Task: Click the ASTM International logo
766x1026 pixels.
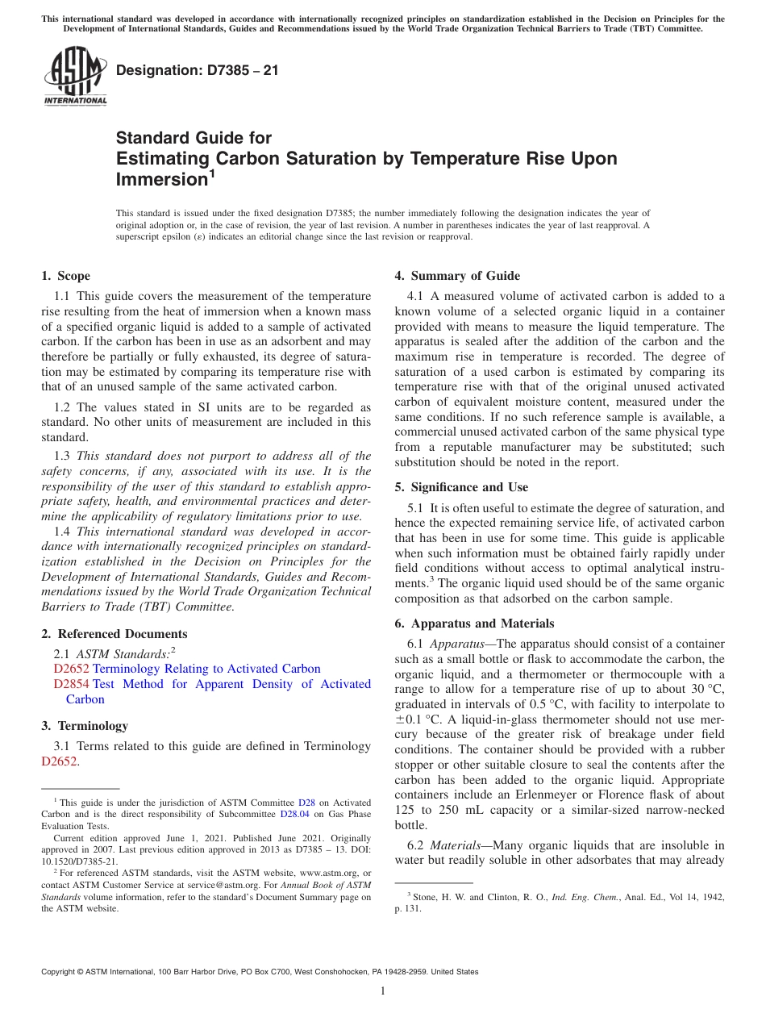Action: [75, 77]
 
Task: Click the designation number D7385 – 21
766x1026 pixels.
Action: [198, 70]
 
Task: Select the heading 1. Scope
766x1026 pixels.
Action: [65, 276]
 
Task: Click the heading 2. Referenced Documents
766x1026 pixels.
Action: [114, 634]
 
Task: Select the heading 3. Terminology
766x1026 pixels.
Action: [84, 726]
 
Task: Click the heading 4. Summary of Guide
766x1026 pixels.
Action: [457, 276]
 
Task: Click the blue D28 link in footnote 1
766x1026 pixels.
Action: [306, 803]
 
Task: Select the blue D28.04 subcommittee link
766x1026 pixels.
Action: [293, 815]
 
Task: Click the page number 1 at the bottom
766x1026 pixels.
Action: [383, 991]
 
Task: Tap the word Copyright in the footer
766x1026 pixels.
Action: [60, 972]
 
